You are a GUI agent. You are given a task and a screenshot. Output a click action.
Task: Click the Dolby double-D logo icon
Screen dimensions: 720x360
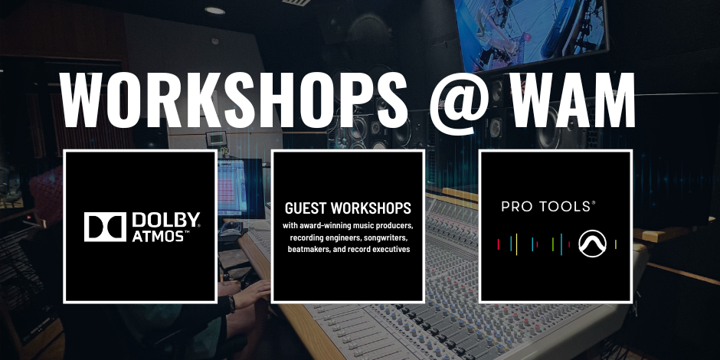click(x=105, y=227)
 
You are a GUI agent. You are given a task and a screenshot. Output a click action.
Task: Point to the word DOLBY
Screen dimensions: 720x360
click(x=165, y=220)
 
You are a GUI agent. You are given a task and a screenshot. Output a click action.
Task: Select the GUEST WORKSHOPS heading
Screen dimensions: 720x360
click(x=348, y=208)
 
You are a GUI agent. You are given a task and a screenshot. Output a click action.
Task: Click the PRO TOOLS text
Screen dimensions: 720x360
click(x=548, y=207)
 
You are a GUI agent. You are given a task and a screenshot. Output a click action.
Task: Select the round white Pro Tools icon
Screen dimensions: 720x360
click(x=592, y=243)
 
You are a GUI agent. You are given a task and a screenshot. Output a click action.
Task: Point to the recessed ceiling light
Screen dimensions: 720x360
click(x=215, y=10)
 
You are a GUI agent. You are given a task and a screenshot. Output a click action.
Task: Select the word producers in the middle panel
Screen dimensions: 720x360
click(x=398, y=227)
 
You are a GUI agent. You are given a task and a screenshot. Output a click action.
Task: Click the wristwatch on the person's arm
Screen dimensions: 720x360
click(x=231, y=303)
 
